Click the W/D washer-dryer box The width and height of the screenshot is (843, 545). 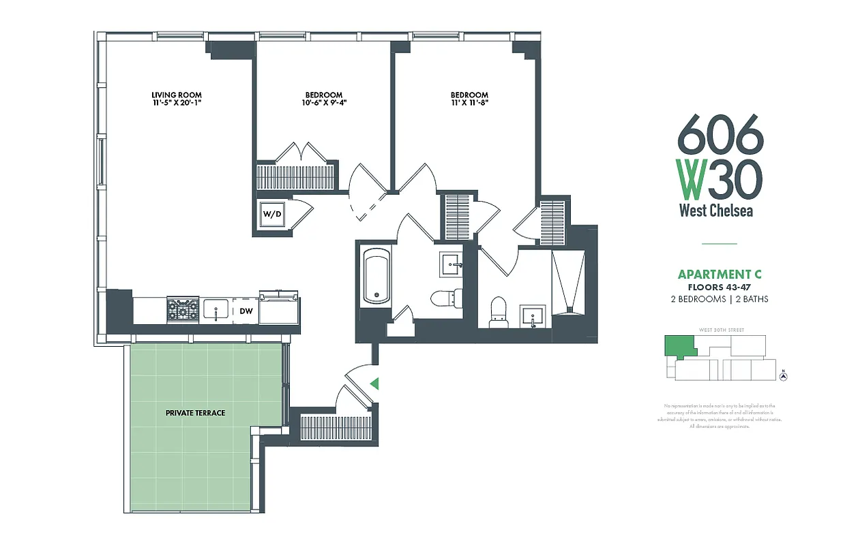click(x=272, y=214)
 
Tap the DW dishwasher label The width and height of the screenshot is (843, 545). click(x=246, y=311)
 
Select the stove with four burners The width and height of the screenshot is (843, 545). click(x=183, y=311)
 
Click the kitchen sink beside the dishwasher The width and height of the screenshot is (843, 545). click(x=216, y=311)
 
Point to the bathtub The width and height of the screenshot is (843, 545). click(x=376, y=276)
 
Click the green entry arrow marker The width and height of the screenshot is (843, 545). click(x=373, y=384)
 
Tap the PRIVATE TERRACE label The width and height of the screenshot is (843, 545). click(x=195, y=413)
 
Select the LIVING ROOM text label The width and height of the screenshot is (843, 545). click(x=177, y=95)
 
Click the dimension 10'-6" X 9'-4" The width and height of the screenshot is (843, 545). click(x=324, y=104)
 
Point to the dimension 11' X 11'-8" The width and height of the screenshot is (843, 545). click(x=469, y=104)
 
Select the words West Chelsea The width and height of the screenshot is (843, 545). click(x=716, y=211)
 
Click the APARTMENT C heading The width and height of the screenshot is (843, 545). click(x=719, y=275)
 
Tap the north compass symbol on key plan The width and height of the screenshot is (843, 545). click(x=784, y=376)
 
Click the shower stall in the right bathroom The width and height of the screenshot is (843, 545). click(x=567, y=281)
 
